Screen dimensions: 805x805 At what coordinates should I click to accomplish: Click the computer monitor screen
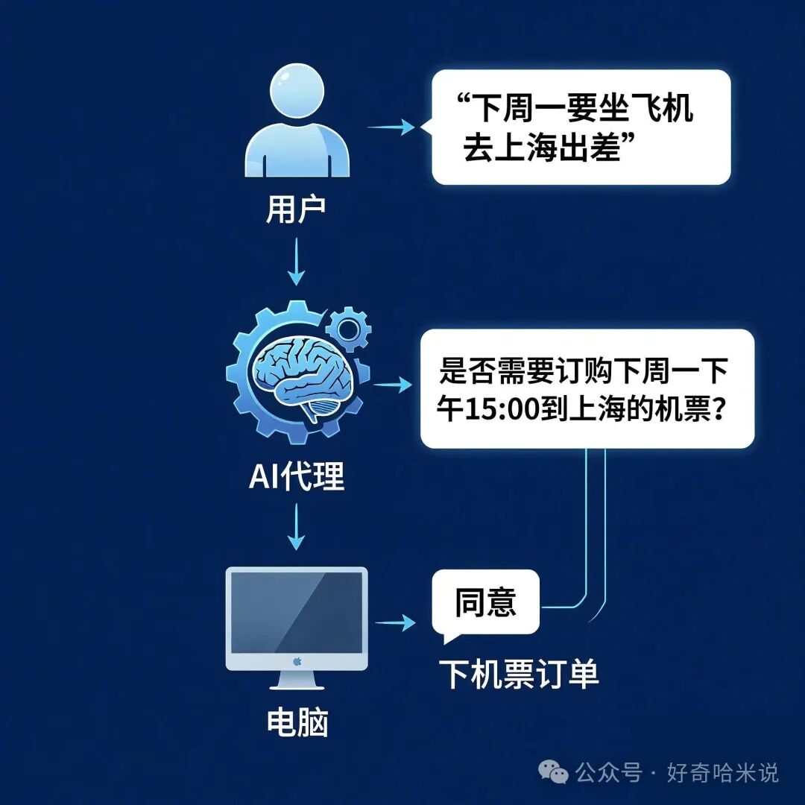(297, 613)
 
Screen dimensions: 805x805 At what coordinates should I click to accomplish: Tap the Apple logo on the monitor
(297, 661)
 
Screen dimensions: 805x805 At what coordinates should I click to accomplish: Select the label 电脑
(297, 722)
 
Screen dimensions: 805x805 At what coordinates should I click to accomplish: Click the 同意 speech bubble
(485, 602)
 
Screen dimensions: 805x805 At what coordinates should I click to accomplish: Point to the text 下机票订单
(518, 675)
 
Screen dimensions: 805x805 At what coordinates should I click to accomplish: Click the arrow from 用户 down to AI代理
(297, 261)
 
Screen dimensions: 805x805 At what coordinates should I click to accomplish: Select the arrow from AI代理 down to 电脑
(297, 525)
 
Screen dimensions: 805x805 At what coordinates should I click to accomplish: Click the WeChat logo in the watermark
(554, 772)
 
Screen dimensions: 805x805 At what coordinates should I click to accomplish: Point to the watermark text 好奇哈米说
(722, 773)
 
